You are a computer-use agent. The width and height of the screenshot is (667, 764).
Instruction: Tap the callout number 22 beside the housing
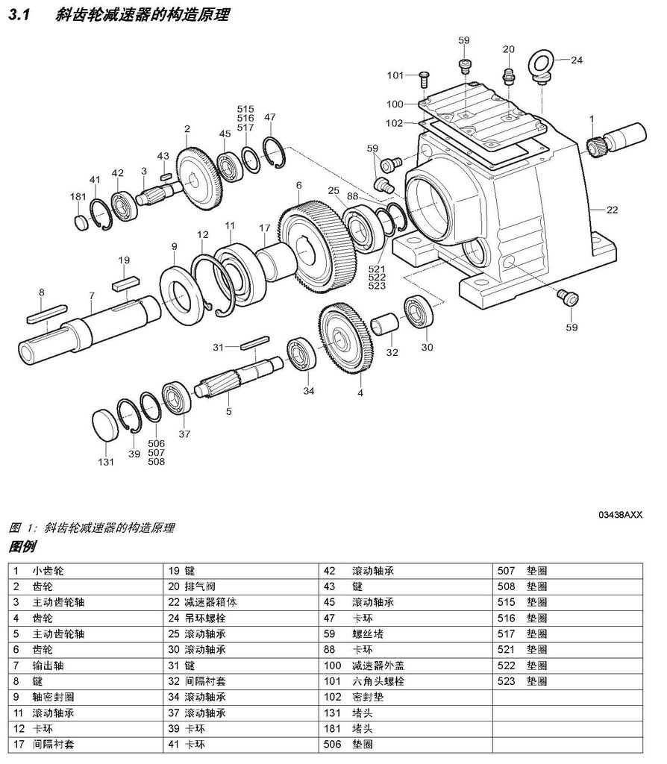pos(612,210)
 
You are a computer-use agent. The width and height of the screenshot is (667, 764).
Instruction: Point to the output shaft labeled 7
pos(90,328)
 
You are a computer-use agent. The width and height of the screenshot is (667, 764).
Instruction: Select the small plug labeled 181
pos(82,222)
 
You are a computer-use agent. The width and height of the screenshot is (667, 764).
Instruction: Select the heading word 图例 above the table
pos(22,547)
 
